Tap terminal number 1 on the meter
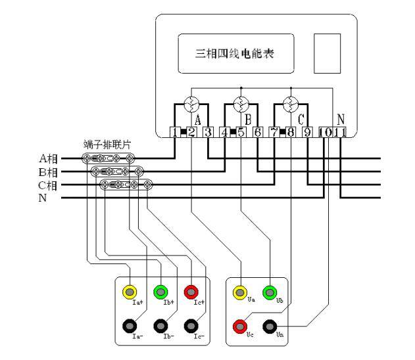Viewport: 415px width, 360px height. tap(175, 131)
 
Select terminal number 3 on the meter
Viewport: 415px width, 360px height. tap(207, 131)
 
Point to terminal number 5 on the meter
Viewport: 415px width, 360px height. tap(241, 131)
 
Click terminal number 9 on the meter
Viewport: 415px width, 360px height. tap(307, 131)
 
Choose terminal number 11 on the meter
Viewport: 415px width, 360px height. tap(340, 131)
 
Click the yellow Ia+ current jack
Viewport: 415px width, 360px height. tap(130, 291)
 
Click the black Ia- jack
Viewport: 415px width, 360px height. tap(130, 325)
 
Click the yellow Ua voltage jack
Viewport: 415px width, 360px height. tap(241, 292)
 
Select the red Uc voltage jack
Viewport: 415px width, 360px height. tap(241, 325)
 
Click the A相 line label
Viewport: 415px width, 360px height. tap(49, 158)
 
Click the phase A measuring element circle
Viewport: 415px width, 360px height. tap(191, 103)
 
